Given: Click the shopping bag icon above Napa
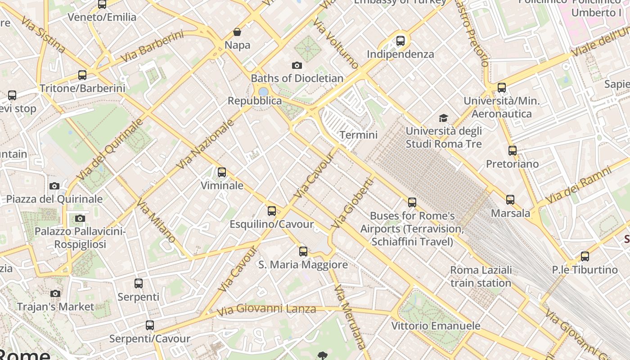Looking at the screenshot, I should (x=237, y=32).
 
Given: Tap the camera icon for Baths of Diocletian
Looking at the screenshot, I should (x=297, y=66).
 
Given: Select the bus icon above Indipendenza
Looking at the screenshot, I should (x=400, y=41).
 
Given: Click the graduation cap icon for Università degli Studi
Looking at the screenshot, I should (x=444, y=118).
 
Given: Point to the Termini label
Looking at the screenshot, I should (x=359, y=135).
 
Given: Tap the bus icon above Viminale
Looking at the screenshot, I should (x=221, y=172).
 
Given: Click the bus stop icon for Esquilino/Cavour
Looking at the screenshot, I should (x=272, y=211).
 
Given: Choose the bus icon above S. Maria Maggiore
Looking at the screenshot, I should (x=303, y=252).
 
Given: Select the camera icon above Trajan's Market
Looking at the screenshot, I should (x=55, y=294).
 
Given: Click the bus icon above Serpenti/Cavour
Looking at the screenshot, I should (x=150, y=325).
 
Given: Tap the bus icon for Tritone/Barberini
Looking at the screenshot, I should (x=82, y=75).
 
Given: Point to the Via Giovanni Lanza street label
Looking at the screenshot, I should (x=266, y=310).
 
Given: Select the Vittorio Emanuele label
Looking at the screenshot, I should (x=436, y=326).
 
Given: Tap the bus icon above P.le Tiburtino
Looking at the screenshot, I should (x=585, y=257).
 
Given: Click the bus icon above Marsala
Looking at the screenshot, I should (x=510, y=200).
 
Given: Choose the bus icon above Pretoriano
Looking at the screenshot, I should (x=513, y=151).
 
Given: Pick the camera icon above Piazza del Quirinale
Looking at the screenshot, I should (x=54, y=186).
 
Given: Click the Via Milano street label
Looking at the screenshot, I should (x=156, y=220).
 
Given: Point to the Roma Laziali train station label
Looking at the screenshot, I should (x=481, y=276).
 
